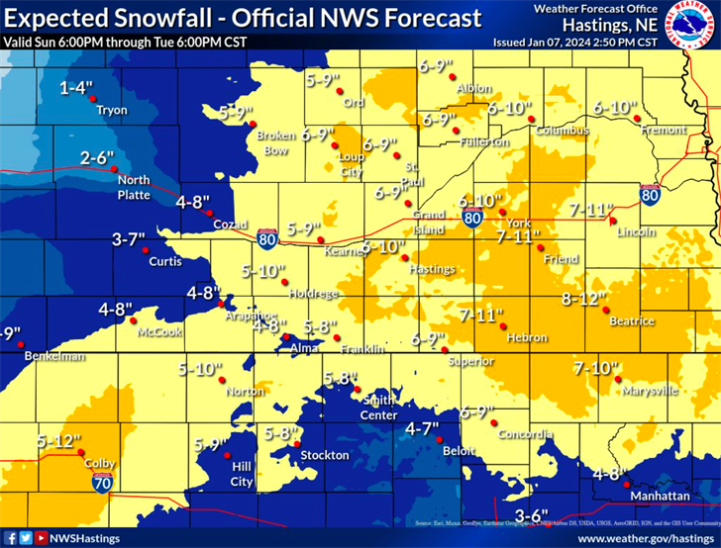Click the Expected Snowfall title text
244,18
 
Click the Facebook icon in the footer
10,538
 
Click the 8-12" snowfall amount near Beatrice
582,299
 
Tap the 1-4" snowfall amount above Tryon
76,89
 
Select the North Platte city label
134,187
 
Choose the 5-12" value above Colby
59,440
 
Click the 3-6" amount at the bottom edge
532,515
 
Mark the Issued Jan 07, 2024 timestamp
574,44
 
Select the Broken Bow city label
271,142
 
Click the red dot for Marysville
615,378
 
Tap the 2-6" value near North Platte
99,157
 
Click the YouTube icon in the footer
41,538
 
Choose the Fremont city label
658,130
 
